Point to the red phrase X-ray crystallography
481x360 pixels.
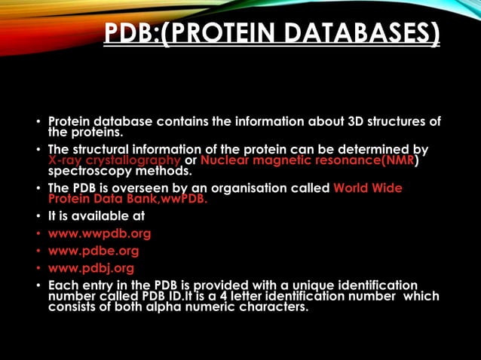click(x=114, y=160)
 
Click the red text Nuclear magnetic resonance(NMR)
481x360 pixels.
click(x=308, y=160)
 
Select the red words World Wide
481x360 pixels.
click(x=368, y=188)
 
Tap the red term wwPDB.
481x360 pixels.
click(x=180, y=200)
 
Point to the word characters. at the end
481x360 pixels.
click(x=274, y=307)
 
